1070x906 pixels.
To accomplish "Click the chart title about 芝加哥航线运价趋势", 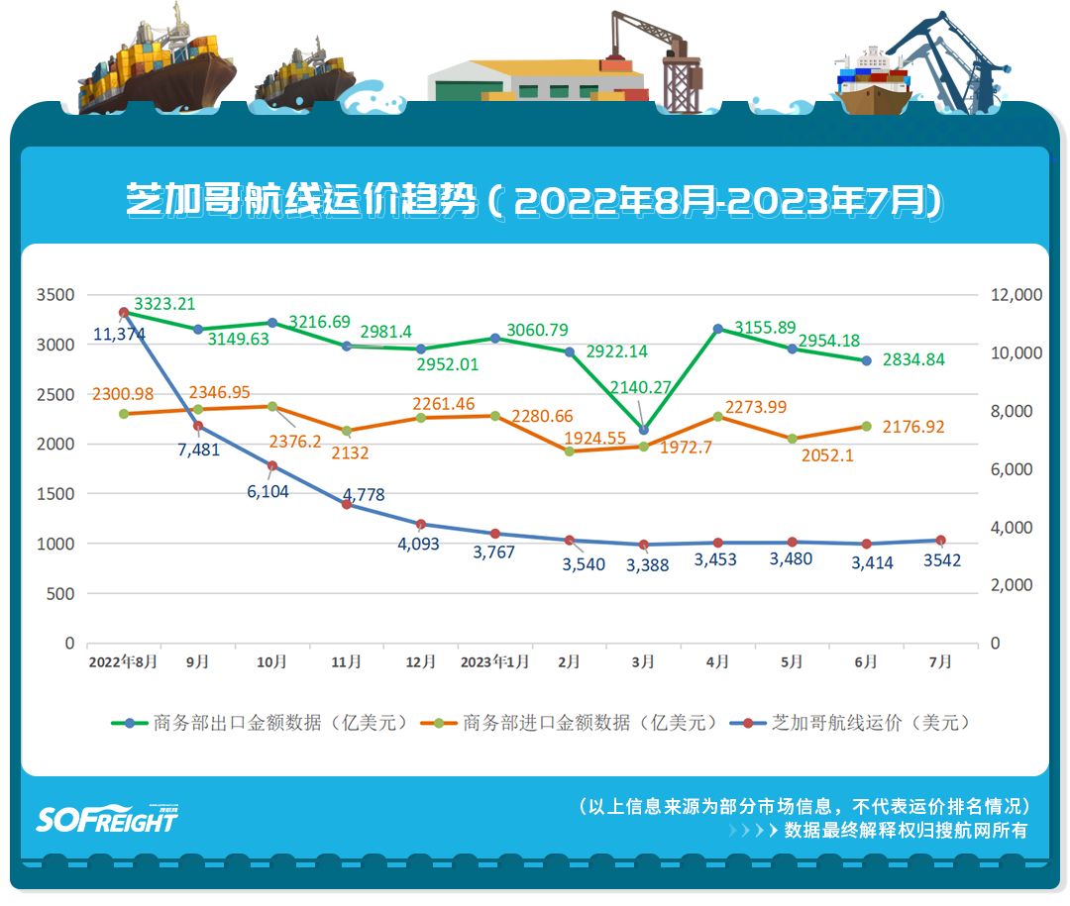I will coord(534,201).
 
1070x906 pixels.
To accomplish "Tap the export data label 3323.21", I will coord(164,304).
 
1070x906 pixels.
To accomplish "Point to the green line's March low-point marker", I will coord(644,430).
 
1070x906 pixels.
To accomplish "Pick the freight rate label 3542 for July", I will coord(941,560).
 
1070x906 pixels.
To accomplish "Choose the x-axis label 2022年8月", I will coord(123,662).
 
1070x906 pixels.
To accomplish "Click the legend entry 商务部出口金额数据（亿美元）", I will coord(260,723).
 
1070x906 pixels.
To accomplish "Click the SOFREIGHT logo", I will coord(107,819).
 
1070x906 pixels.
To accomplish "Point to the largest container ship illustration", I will coord(157,61).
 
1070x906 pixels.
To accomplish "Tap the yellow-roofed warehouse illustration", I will coord(535,79).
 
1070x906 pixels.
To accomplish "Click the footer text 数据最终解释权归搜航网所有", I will coord(906,831).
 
